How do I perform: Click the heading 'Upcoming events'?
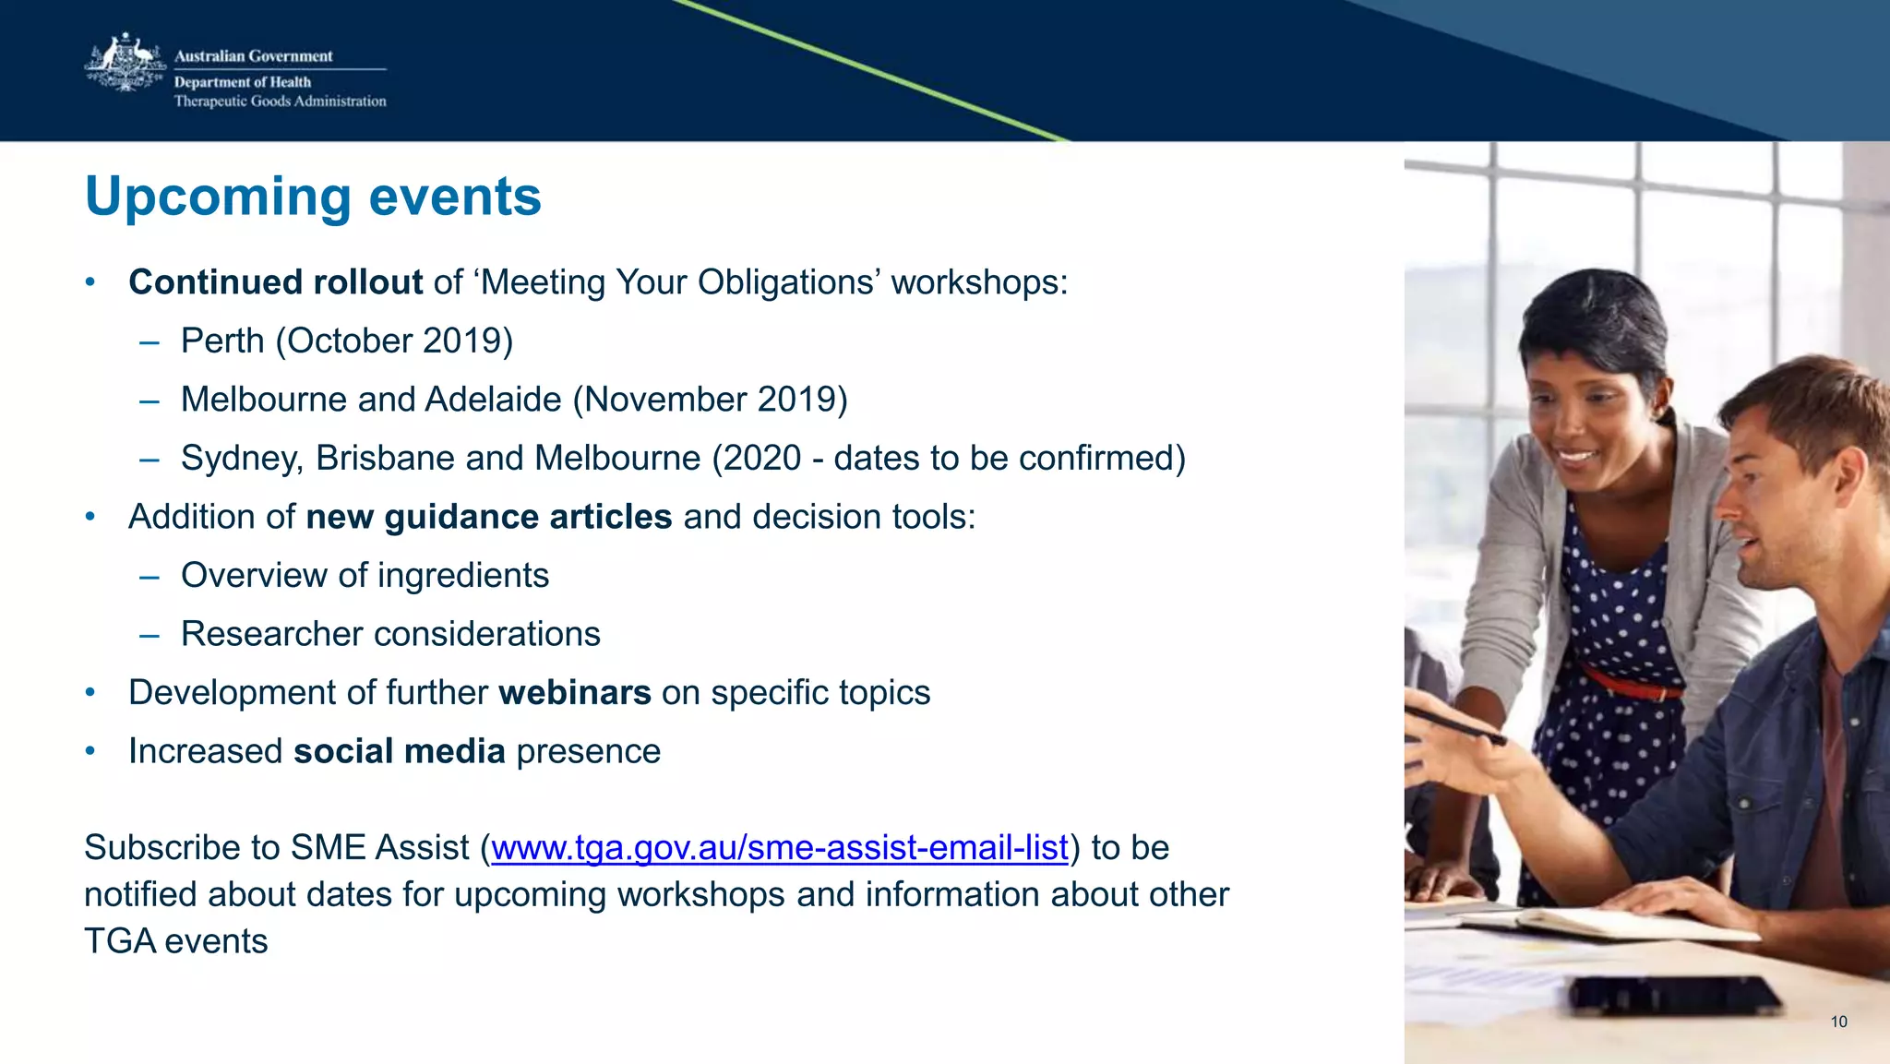313,197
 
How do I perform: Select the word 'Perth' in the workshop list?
222,341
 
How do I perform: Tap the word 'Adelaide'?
493,400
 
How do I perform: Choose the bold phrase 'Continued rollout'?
275,282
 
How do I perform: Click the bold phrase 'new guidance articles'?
488,517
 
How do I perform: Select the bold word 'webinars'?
574,693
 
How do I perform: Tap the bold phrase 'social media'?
399,752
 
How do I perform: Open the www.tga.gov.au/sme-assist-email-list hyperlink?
779,848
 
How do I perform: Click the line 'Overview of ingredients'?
365,576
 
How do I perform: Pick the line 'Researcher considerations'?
390,635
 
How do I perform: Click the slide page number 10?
1838,1022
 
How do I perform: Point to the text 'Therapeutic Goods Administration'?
280,102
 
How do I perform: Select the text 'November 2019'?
710,400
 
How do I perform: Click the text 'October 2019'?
394,341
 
